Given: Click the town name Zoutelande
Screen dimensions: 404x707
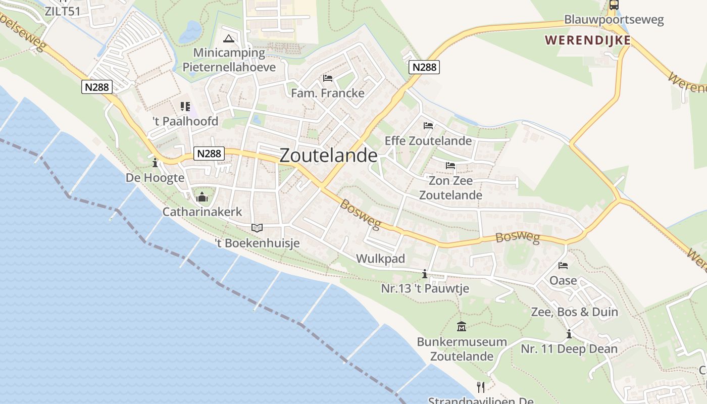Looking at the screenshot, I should [x=328, y=156].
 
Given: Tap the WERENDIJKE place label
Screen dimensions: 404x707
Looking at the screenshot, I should [x=588, y=39].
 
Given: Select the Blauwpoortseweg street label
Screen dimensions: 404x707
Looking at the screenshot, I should [x=614, y=20].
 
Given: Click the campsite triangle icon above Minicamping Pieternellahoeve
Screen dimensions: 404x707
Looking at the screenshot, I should [x=229, y=38].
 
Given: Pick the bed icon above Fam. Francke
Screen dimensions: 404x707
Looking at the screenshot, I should [x=327, y=78].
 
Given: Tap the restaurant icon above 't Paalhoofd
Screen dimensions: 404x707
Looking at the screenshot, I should [x=185, y=107].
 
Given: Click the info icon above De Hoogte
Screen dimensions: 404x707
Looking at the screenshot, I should [x=155, y=163].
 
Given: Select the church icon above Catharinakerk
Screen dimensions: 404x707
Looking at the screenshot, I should [x=202, y=197].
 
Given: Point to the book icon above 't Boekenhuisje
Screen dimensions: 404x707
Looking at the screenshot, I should [x=257, y=228].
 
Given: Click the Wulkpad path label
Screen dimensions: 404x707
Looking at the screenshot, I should [x=380, y=259].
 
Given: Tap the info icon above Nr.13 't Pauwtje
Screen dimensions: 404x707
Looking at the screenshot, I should [x=425, y=274].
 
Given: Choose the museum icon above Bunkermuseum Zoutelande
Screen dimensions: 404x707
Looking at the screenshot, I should [x=462, y=327].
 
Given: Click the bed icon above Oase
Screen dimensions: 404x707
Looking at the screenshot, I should [x=563, y=266].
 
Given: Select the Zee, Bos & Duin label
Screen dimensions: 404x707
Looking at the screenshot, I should [x=574, y=312].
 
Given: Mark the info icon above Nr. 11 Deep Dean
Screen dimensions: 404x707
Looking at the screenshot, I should [x=569, y=334].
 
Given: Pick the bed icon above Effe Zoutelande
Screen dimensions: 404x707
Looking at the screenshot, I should [x=428, y=126].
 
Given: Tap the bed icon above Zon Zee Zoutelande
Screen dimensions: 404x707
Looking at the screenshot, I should [x=450, y=166].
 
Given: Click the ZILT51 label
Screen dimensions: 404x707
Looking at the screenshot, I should [x=62, y=11].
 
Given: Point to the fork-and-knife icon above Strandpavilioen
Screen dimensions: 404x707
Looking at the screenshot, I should [x=481, y=387].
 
